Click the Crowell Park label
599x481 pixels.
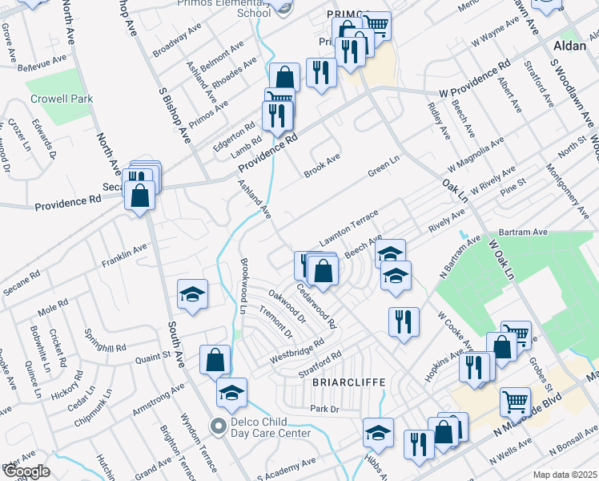[61, 99]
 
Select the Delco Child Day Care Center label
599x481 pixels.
[271, 428]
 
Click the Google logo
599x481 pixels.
[26, 471]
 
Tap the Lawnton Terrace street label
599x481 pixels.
[348, 229]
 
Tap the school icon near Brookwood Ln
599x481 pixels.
[192, 295]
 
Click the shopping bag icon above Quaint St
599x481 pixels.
[215, 360]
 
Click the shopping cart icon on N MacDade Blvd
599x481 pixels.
[515, 401]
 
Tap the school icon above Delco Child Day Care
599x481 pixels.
[231, 393]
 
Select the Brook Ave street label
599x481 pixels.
[323, 165]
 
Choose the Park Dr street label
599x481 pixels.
[324, 409]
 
